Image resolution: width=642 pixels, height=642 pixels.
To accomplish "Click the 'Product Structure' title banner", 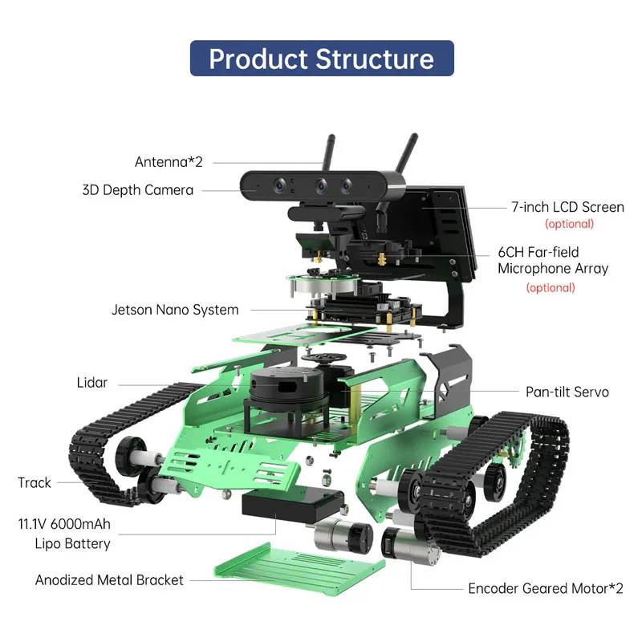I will [322, 59].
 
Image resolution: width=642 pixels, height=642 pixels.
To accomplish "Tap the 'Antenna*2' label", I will [169, 161].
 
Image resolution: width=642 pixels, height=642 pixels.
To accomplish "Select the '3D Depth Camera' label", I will [137, 190].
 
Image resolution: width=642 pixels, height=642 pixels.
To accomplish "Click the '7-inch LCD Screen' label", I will [567, 207].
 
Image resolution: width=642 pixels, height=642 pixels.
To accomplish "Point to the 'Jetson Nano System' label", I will [175, 309].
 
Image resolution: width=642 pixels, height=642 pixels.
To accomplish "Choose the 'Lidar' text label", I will [92, 383].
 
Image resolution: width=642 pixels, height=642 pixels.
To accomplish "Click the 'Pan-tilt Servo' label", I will [567, 392].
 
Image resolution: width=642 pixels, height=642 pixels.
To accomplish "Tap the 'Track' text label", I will [35, 482].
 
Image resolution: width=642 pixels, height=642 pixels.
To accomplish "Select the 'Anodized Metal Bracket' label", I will [109, 579].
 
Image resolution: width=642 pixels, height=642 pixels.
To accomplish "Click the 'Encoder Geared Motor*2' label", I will [546, 588].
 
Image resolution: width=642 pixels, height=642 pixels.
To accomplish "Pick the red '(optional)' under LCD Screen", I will [569, 224].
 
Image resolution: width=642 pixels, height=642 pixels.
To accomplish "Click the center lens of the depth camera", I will [321, 185].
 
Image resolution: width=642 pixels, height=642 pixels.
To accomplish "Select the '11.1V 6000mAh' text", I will [64, 525].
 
